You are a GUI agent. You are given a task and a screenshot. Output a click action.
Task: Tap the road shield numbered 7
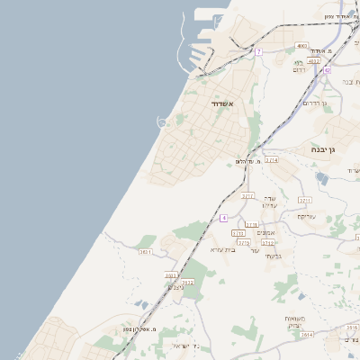click(258, 52)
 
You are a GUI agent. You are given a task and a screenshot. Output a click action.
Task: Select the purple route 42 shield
click(328, 69)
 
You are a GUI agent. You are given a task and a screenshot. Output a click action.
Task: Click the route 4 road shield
click(223, 219)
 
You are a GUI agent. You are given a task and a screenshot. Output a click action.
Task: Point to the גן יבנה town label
click(323, 148)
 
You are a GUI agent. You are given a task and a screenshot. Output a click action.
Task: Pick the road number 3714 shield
click(272, 159)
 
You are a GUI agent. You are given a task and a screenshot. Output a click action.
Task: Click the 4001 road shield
click(301, 45)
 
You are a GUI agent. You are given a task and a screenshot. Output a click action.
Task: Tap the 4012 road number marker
click(314, 61)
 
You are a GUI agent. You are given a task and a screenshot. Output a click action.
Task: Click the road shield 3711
click(304, 200)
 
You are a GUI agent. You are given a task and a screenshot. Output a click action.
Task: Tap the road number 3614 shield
click(307, 334)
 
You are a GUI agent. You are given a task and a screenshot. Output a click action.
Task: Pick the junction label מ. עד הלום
click(246, 161)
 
